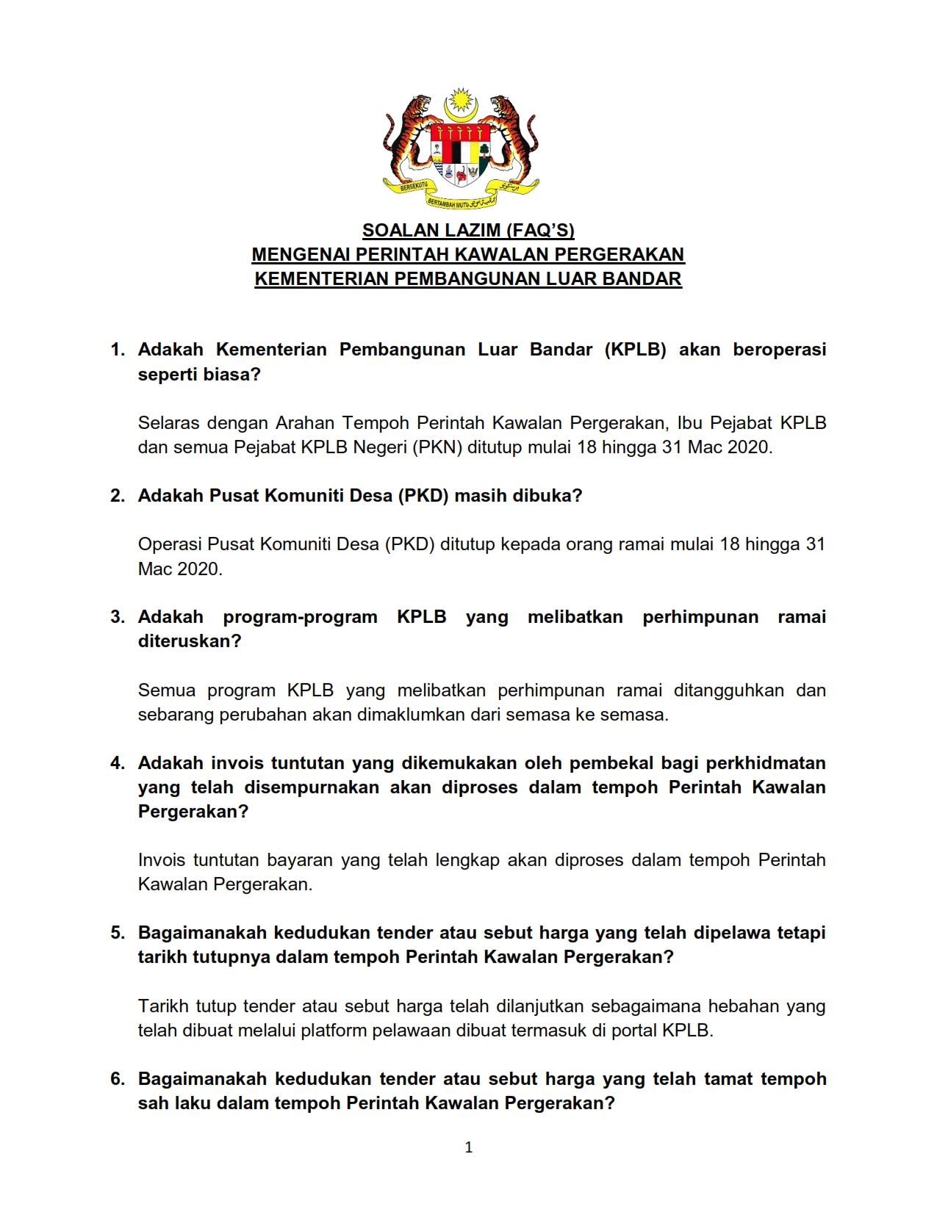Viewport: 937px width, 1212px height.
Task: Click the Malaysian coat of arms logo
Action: tap(461, 149)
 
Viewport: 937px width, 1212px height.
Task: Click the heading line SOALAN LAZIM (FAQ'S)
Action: tap(468, 231)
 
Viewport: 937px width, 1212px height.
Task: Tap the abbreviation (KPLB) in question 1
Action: tap(636, 350)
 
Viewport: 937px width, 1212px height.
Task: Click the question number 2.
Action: tap(117, 496)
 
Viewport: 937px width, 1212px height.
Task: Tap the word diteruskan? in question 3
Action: tap(190, 641)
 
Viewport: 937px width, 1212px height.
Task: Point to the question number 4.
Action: tap(117, 763)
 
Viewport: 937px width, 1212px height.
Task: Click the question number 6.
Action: tap(117, 1079)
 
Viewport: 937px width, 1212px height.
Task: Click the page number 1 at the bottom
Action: tap(469, 1148)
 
